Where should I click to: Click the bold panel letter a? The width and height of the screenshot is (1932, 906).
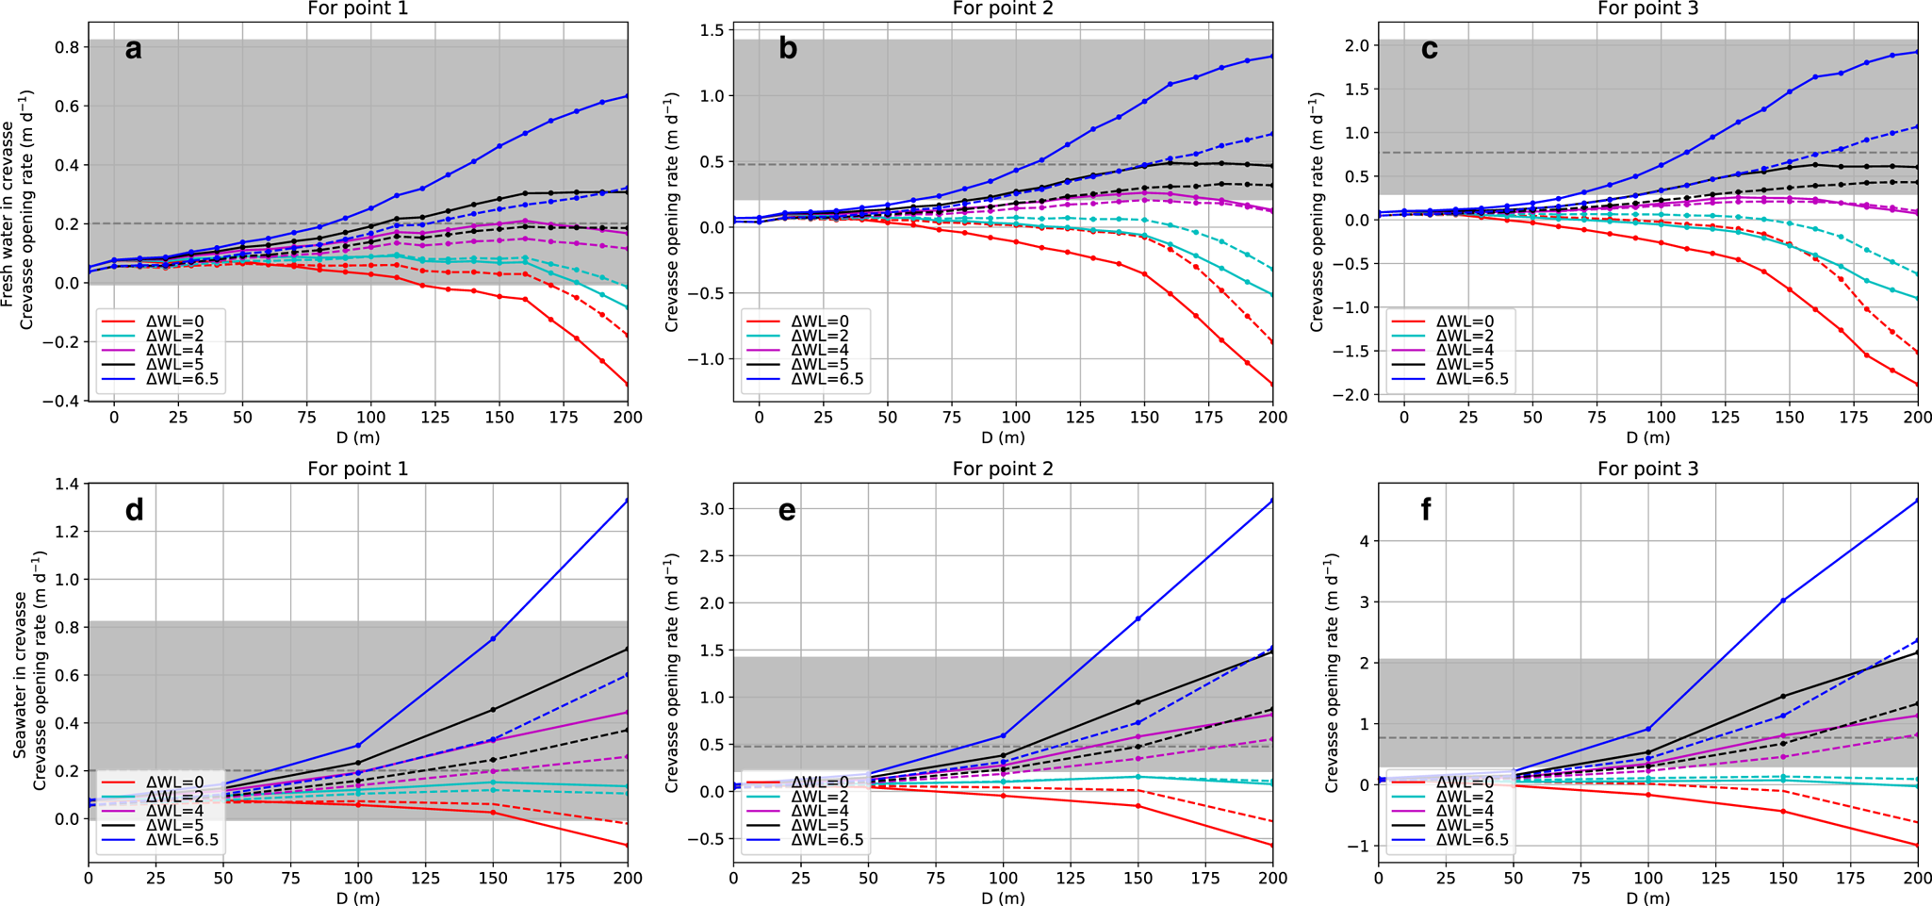tap(133, 48)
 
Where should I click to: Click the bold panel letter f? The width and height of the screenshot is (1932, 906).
tap(1426, 510)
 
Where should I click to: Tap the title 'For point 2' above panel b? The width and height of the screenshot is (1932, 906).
tap(1003, 9)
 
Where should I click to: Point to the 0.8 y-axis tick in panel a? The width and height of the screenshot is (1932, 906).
tap(68, 46)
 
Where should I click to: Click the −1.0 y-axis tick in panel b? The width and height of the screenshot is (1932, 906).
tap(707, 359)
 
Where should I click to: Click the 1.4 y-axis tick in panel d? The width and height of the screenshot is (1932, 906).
tap(68, 484)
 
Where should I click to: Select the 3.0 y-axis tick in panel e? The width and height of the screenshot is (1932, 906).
tap(712, 509)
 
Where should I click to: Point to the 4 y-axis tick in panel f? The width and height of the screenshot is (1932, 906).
tap(1363, 541)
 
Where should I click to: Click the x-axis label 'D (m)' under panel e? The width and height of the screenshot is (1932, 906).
tap(1003, 898)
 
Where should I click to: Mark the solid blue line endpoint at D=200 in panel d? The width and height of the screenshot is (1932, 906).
tap(628, 501)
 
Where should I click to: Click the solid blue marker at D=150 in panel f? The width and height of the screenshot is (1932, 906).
tap(1783, 601)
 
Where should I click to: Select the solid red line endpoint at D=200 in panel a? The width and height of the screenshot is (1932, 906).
tap(628, 384)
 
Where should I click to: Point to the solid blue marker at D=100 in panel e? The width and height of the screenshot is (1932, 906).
tap(1004, 735)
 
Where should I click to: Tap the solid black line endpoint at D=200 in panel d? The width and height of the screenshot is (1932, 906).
tap(628, 649)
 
